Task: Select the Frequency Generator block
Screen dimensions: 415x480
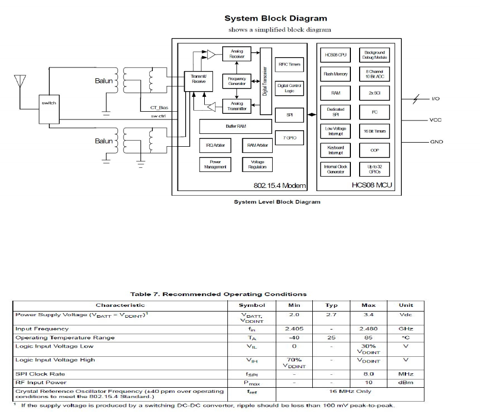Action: (237, 81)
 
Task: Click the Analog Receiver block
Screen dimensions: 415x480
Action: (237, 54)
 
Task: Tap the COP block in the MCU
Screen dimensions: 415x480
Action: (375, 150)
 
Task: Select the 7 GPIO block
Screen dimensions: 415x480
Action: (289, 138)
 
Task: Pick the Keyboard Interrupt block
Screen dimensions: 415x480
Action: (335, 150)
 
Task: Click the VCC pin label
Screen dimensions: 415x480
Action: (435, 120)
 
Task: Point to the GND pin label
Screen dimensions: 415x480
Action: (436, 142)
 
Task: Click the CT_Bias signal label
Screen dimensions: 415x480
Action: (159, 108)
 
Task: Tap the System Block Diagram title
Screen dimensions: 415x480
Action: (275, 19)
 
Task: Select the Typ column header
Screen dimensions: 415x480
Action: (331, 305)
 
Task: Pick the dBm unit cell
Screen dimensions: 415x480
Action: (405, 382)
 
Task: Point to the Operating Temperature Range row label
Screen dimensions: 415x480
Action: (65, 338)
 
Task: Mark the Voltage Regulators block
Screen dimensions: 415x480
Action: (257, 164)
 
